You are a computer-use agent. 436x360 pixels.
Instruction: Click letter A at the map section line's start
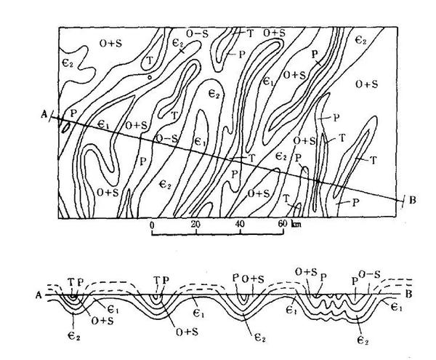pos(45,113)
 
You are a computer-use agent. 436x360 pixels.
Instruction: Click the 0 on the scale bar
pos(151,225)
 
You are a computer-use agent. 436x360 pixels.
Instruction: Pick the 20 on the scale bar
pos(195,225)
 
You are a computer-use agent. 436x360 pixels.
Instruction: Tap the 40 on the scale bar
pos(240,225)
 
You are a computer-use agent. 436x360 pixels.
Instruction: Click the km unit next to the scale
pos(296,225)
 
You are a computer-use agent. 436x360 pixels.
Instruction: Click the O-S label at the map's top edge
pos(196,33)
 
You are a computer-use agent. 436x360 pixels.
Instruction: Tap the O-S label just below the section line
pos(166,138)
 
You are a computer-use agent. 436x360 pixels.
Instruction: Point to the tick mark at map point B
pos(401,198)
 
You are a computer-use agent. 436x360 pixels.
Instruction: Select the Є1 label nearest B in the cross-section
pos(397,309)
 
